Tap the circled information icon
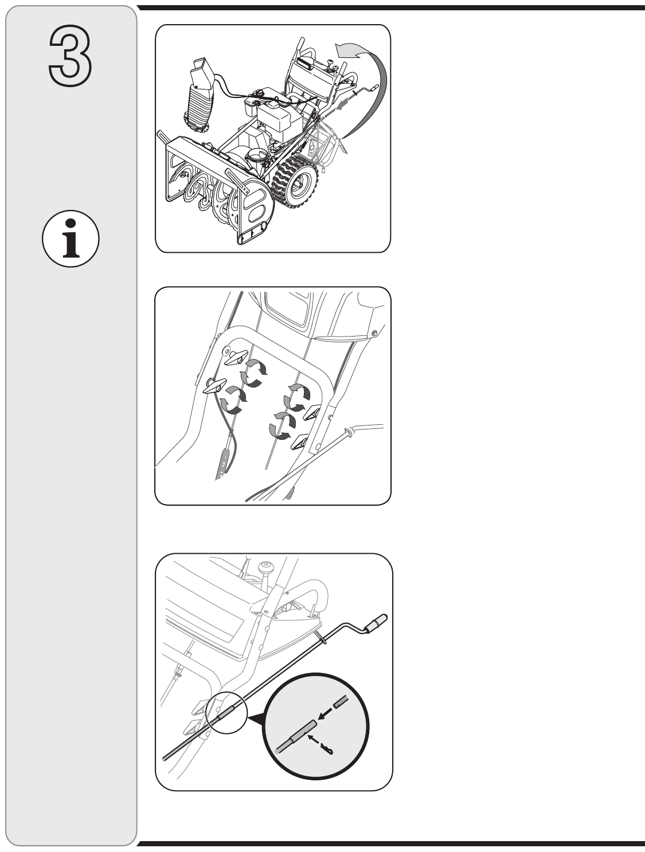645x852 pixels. (x=71, y=239)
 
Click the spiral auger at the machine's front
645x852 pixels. (x=206, y=190)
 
